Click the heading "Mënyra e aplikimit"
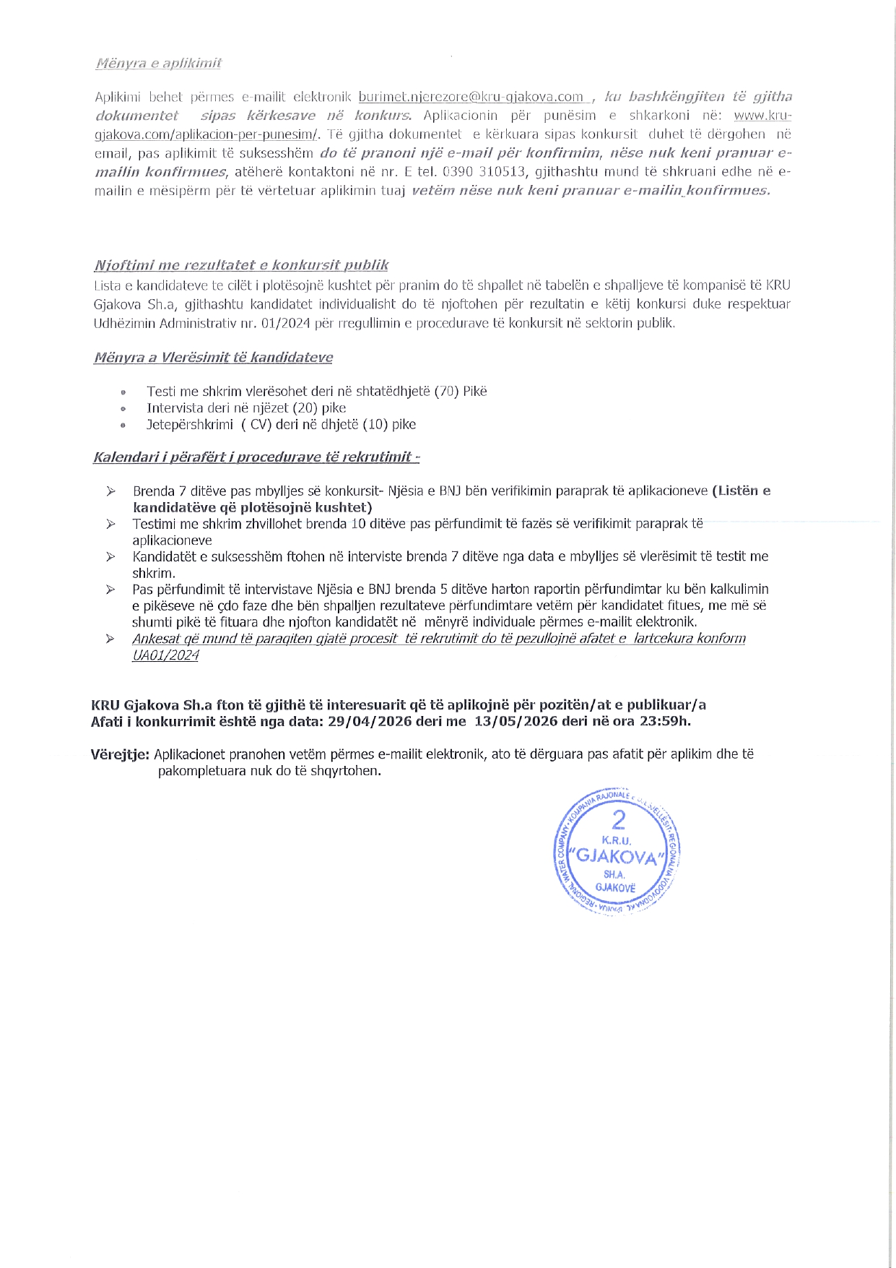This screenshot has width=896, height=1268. (x=158, y=63)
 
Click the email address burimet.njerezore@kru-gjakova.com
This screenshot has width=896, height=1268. (x=471, y=97)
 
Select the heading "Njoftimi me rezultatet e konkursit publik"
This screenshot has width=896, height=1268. (x=241, y=265)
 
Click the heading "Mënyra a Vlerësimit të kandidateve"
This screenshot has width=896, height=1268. (x=213, y=358)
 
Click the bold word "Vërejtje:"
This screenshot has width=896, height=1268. (x=120, y=755)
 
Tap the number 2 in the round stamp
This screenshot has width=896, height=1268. (x=617, y=821)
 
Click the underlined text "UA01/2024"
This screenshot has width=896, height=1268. (x=165, y=656)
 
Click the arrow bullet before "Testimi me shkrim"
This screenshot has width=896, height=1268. (x=110, y=525)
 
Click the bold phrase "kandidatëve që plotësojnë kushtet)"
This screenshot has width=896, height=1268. (x=252, y=507)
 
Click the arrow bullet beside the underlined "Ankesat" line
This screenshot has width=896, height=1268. (x=110, y=639)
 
